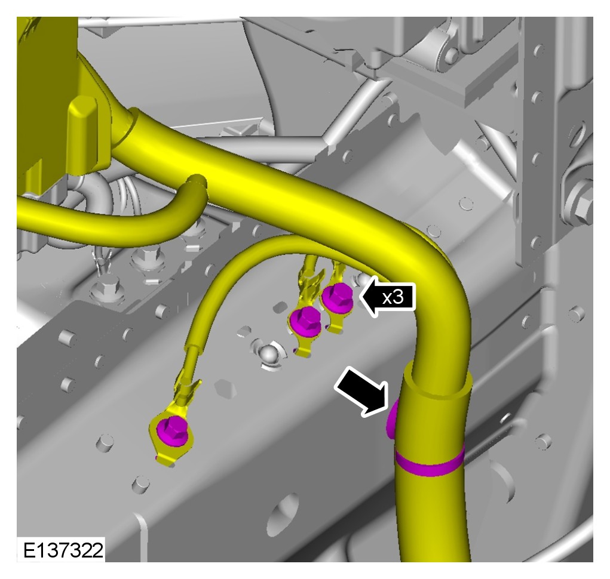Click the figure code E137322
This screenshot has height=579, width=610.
coord(63,550)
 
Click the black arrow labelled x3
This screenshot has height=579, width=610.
coord(388,298)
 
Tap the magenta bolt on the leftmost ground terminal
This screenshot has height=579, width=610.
coord(171,429)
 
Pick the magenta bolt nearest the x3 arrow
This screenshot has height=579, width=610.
coord(338,297)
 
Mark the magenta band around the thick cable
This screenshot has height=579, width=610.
coord(430,463)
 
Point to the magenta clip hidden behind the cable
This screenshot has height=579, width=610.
coord(391,419)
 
